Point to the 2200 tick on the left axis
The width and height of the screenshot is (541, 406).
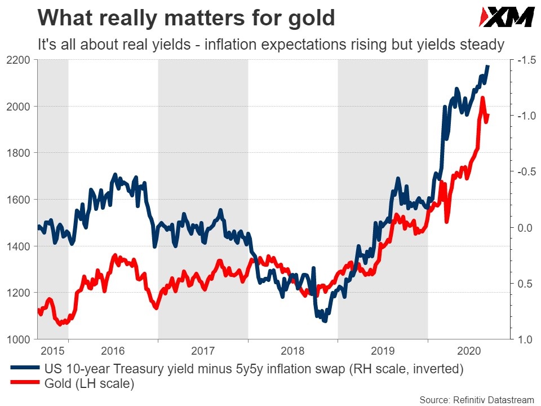pos(18,60)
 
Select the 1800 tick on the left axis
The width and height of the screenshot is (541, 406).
pos(18,153)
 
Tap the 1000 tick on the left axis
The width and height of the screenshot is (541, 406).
pos(18,339)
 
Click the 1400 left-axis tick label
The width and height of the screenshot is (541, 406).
pos(18,246)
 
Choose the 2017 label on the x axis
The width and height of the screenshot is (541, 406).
pos(203,351)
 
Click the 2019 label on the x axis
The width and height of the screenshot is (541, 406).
pos(383,351)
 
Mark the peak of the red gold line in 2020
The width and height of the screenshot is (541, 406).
pos(482,99)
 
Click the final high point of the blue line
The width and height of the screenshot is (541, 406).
pos(488,66)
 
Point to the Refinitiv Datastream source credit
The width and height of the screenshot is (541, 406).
pos(477,400)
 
